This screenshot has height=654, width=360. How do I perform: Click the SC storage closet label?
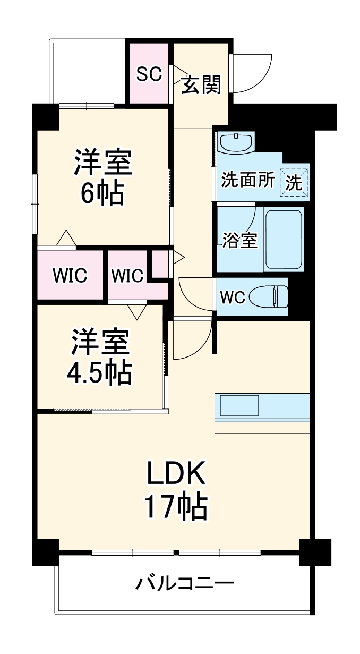(149, 74)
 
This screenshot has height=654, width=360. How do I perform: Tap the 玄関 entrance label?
(201, 84)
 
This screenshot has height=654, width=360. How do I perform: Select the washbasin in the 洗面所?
(236, 143)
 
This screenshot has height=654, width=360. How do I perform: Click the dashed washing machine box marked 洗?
(295, 182)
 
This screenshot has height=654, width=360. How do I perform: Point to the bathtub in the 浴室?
(284, 239)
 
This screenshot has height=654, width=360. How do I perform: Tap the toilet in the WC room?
(270, 296)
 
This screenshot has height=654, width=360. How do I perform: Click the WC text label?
(233, 298)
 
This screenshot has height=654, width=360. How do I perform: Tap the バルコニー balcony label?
(184, 584)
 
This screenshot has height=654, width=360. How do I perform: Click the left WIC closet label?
(70, 276)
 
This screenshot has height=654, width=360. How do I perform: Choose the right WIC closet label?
(127, 276)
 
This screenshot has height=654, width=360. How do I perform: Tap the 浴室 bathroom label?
(239, 241)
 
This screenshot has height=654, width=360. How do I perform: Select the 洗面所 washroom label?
(248, 181)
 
